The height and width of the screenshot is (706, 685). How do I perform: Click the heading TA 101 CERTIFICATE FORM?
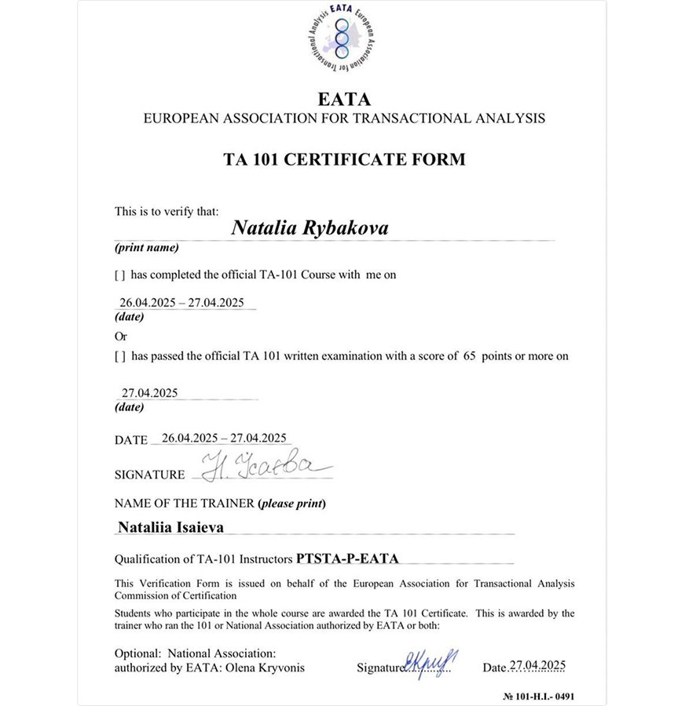(x=344, y=159)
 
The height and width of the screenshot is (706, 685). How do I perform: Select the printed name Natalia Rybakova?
(x=310, y=227)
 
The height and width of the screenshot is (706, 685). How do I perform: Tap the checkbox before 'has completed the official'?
(x=120, y=275)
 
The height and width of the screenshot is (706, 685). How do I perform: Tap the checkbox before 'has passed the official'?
(x=120, y=356)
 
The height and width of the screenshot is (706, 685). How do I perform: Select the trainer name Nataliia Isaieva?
(x=170, y=528)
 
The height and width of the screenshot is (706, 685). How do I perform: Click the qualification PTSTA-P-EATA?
(x=347, y=559)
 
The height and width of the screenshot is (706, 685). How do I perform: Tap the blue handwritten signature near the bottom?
(x=431, y=663)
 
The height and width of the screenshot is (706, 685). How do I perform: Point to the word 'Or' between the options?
(x=121, y=336)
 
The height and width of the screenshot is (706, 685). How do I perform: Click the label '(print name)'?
(x=147, y=248)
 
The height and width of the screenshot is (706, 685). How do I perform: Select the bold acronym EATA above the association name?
(x=344, y=100)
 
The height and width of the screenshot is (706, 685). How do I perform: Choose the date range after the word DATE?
(x=223, y=439)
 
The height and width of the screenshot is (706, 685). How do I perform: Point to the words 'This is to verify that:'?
(x=167, y=211)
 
